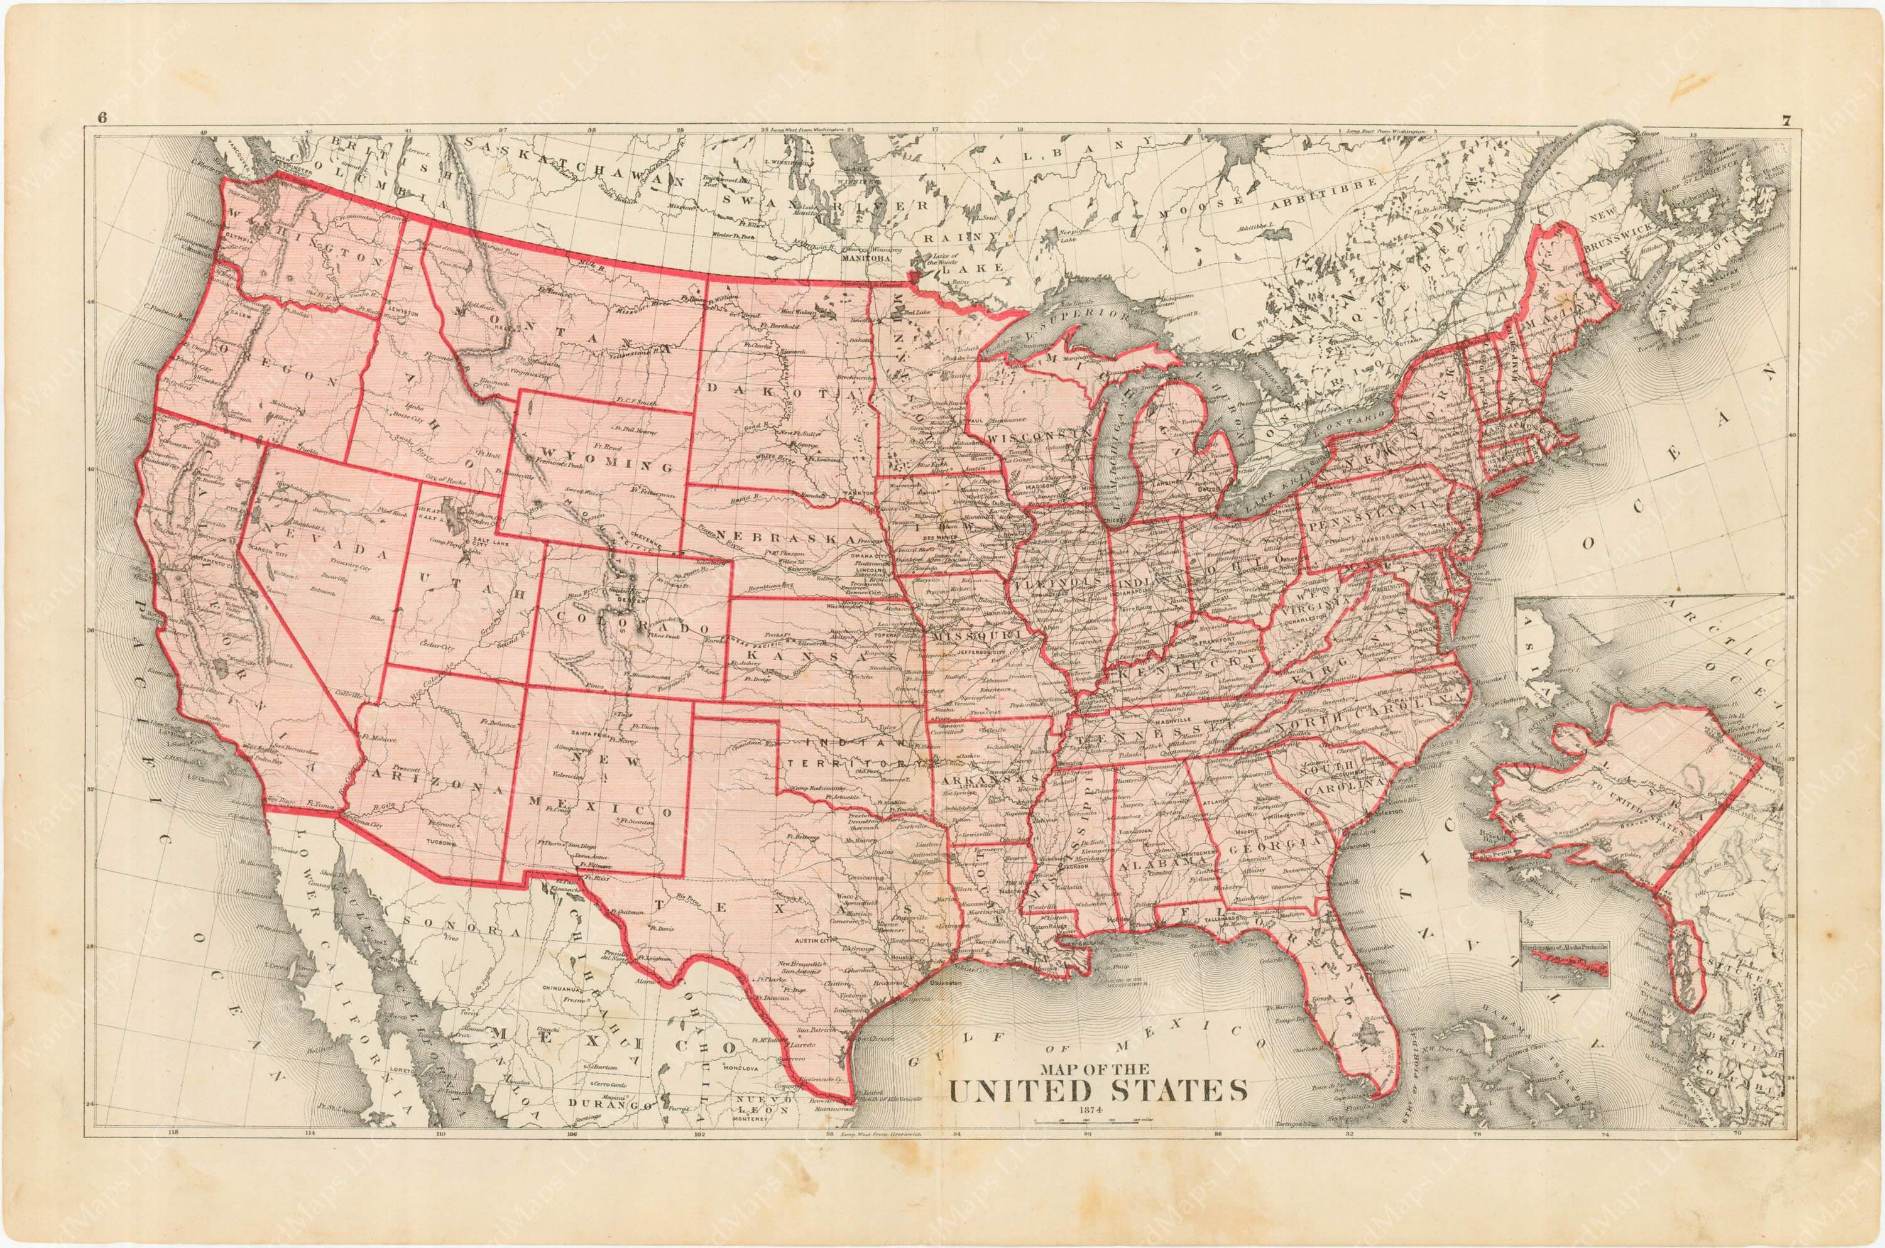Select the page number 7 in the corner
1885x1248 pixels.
point(1786,121)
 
